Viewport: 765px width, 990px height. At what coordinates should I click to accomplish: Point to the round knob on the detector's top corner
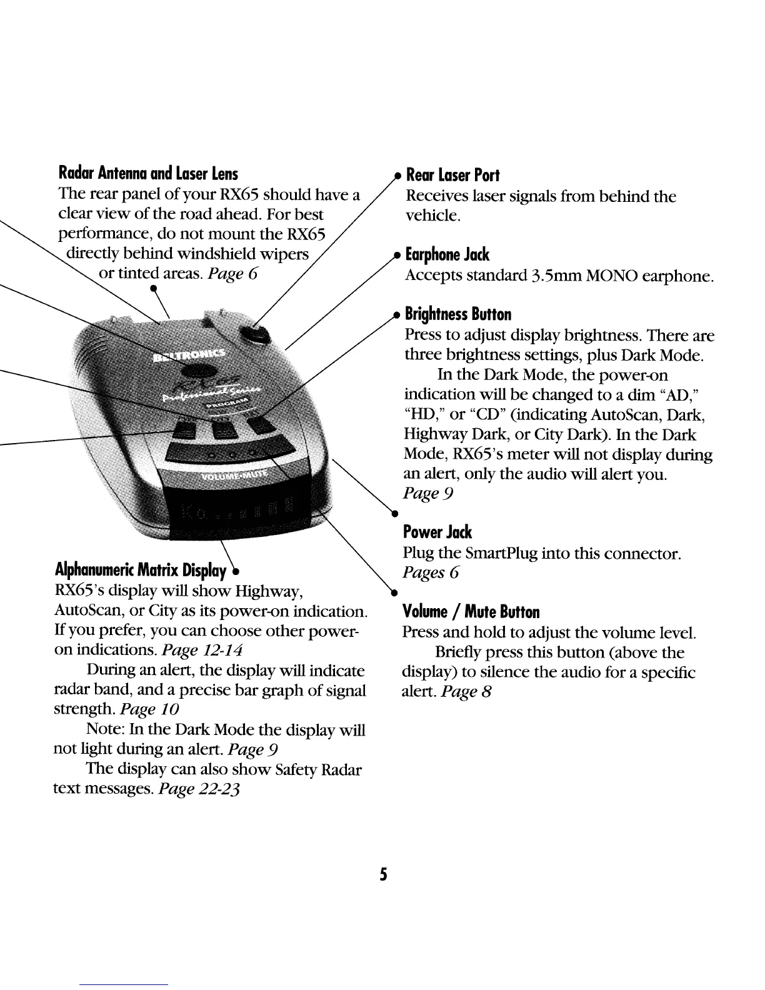click(x=253, y=336)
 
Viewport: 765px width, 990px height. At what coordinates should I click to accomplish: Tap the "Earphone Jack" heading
click(x=447, y=255)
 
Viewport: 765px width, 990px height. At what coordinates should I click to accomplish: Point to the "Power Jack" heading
click(x=437, y=532)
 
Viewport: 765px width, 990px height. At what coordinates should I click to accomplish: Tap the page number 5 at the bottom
click(x=382, y=874)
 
